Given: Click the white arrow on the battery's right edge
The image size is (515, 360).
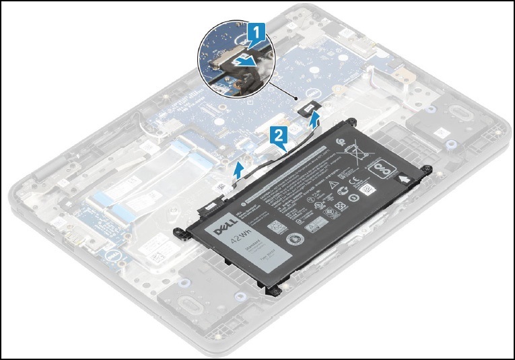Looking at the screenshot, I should (405, 179).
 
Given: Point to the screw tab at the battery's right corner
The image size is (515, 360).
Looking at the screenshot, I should (425, 168).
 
